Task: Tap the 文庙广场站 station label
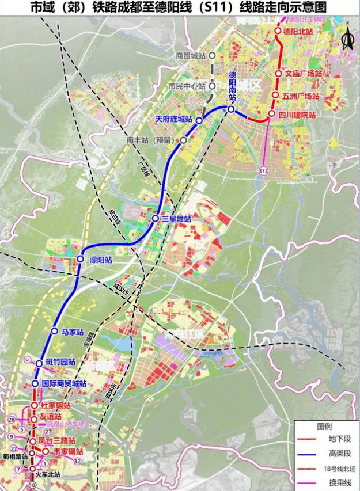point(303,74)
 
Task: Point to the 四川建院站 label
point(297,115)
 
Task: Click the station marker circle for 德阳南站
point(231,109)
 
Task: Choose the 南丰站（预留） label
point(153,140)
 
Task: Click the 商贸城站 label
point(191,56)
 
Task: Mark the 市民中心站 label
point(187,86)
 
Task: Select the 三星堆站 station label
point(176,219)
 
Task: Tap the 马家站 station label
point(73,332)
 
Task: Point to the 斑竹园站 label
point(60,363)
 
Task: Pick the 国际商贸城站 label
point(64,383)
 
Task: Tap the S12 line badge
point(263,171)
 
